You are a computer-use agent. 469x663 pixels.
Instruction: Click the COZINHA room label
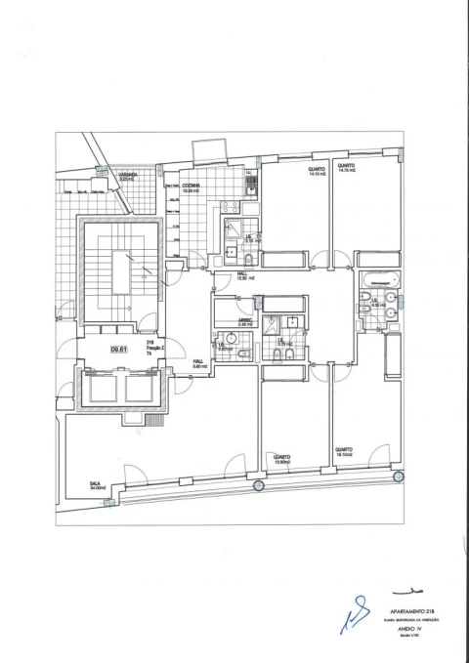click(x=191, y=186)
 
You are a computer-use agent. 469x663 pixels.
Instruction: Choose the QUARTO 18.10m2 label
click(x=343, y=453)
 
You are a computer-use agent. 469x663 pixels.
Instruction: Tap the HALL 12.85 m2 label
click(x=245, y=276)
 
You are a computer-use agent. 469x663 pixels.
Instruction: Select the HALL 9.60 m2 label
click(x=197, y=363)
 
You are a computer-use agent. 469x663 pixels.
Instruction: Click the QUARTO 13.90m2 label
click(x=281, y=458)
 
